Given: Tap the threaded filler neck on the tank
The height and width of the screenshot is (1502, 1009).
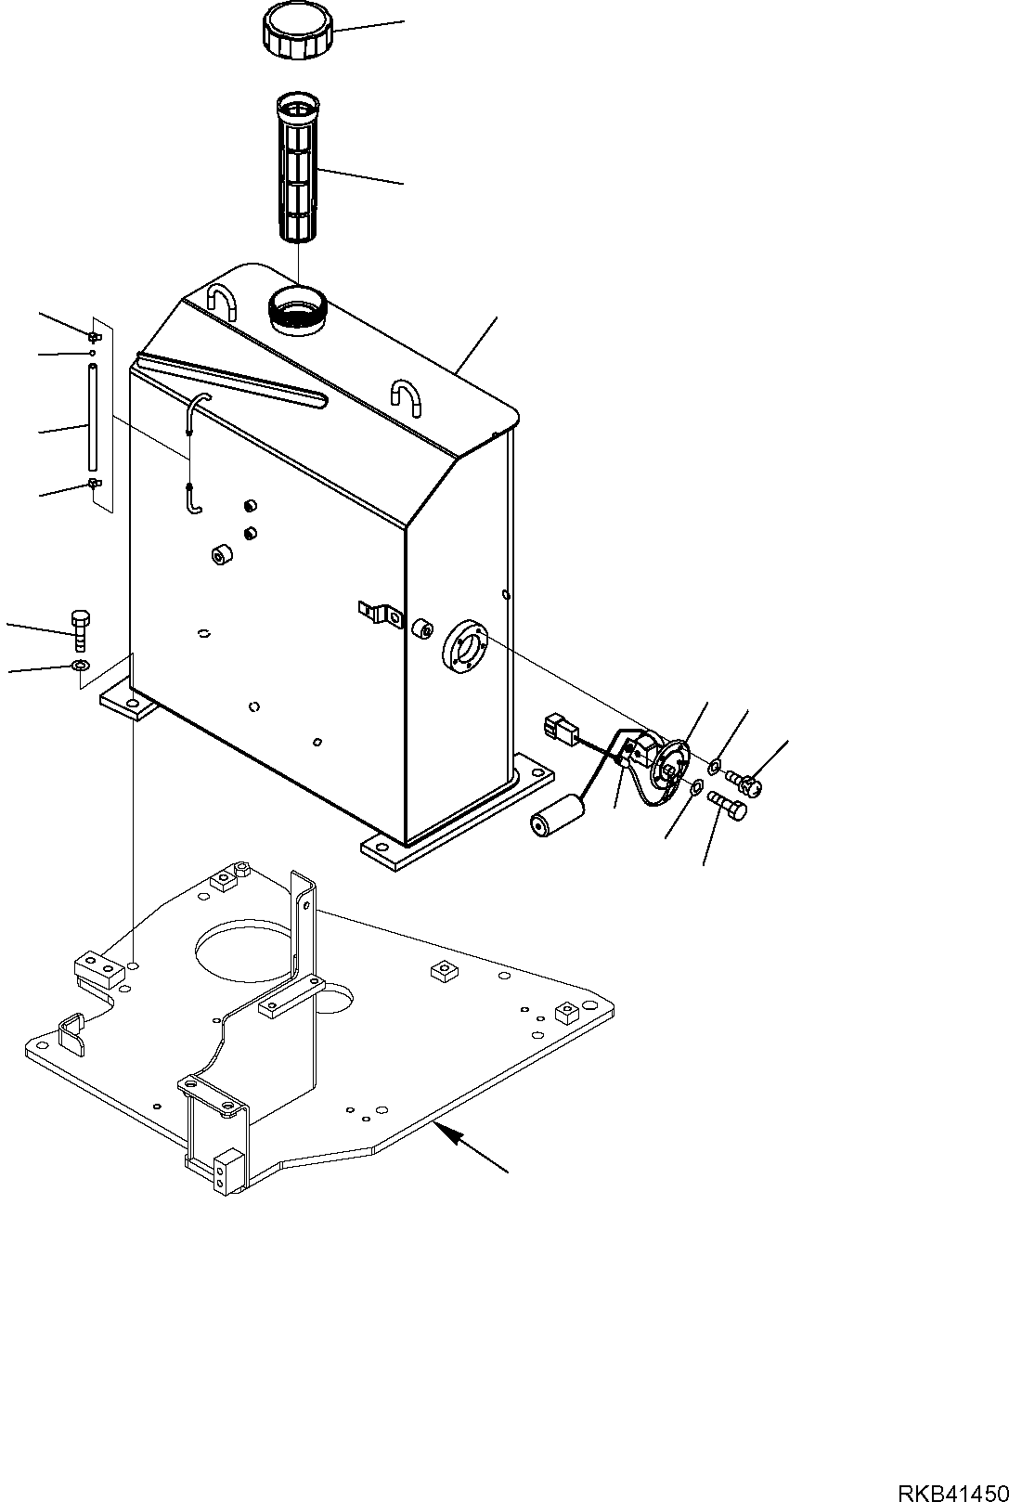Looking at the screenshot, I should pyautogui.click(x=297, y=309).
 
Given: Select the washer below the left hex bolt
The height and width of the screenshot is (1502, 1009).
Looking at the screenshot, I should pyautogui.click(x=80, y=665).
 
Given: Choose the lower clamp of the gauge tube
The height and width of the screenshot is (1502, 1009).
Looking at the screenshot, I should pyautogui.click(x=93, y=484).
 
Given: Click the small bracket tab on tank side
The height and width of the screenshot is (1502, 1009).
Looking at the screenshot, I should pyautogui.click(x=379, y=612).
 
